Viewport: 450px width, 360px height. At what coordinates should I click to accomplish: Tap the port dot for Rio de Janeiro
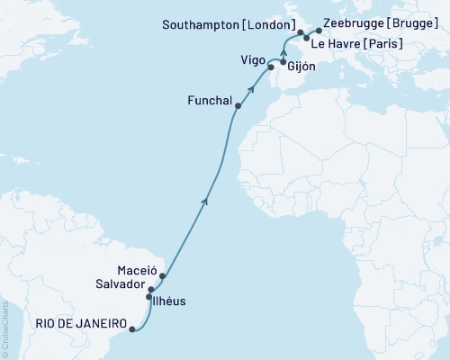tap(132, 329)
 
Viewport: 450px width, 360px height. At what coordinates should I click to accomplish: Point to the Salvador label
tap(120, 283)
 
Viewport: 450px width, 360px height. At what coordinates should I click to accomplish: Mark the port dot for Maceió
tap(162, 276)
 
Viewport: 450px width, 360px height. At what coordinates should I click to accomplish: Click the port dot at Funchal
tap(238, 106)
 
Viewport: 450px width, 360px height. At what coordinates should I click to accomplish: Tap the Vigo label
tap(253, 59)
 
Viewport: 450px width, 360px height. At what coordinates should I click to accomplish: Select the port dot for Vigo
tap(271, 67)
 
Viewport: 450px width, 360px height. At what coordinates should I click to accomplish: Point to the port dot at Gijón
tap(283, 64)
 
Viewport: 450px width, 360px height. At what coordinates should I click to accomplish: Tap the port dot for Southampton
tap(301, 32)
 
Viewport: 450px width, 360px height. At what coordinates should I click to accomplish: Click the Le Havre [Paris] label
tap(363, 42)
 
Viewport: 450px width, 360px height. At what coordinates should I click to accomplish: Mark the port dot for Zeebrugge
tap(319, 31)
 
